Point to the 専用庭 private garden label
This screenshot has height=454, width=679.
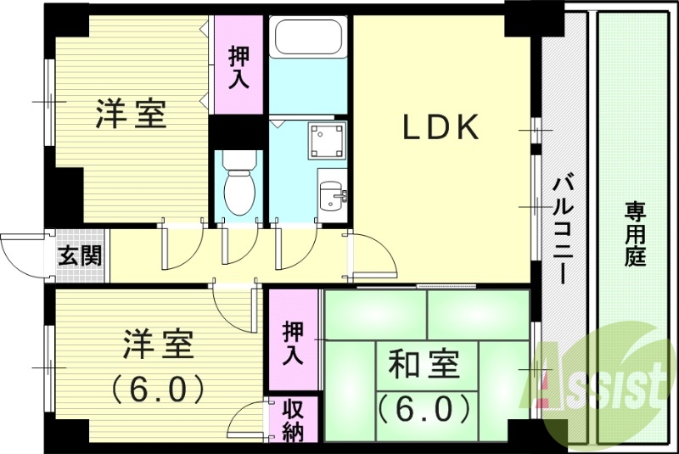pos(636,233)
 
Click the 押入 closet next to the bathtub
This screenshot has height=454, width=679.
pos(238,65)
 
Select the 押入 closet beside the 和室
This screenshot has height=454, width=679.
pos(293,343)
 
